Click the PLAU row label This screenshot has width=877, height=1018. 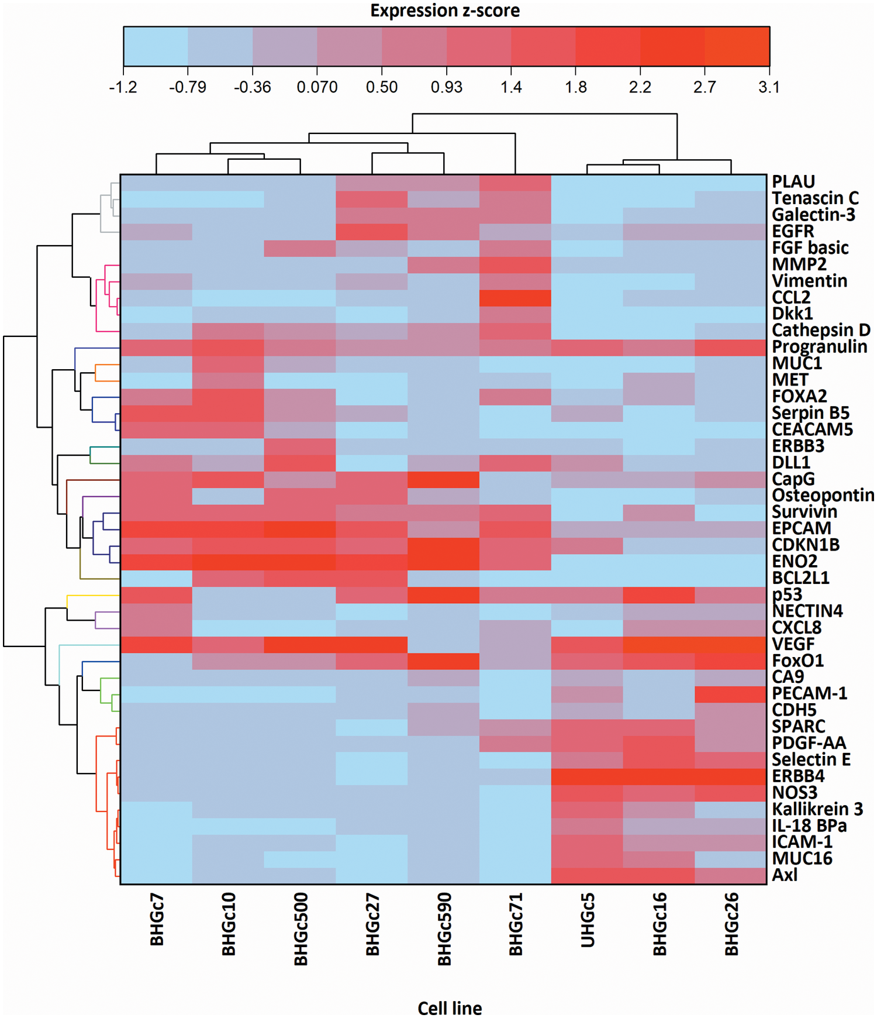[793, 181]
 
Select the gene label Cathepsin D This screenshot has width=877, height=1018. [821, 330]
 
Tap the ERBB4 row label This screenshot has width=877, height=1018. [798, 776]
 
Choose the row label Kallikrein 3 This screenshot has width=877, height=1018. [817, 809]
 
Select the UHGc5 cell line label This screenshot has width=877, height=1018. [588, 920]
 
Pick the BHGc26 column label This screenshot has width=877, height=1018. [731, 924]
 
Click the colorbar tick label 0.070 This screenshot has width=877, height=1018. [317, 87]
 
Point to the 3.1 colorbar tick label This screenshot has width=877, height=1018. [769, 87]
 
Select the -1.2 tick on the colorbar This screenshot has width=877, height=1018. [123, 87]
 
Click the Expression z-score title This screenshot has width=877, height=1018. [445, 11]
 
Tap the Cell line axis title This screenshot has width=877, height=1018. [450, 1008]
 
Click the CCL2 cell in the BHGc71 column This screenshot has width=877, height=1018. [515, 298]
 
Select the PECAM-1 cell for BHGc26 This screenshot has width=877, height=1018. [731, 694]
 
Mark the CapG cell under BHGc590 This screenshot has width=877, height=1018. [443, 480]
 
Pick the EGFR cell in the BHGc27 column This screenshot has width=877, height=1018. [372, 232]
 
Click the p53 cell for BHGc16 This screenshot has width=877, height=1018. [659, 595]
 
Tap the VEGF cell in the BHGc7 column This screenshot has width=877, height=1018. [157, 644]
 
